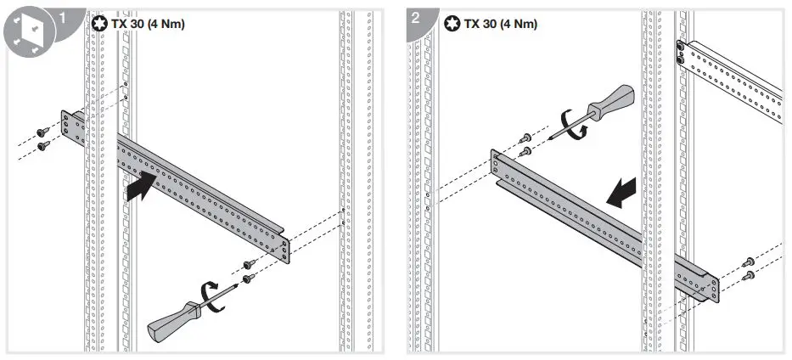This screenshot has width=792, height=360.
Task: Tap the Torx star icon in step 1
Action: pos(98,23)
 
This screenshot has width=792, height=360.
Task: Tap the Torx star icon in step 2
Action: pos(451,23)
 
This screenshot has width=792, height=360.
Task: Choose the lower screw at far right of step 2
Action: pos(749,275)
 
